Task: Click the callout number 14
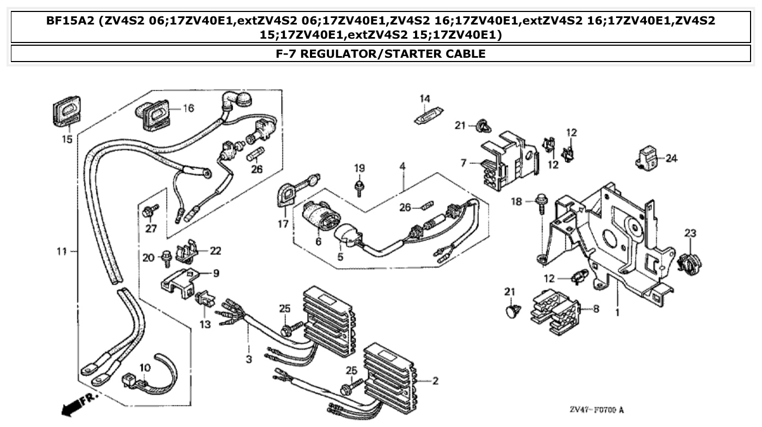[x=424, y=99]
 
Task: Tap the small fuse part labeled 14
[x=428, y=118]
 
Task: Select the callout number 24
[x=671, y=158]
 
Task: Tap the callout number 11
[x=62, y=251]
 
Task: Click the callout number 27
[x=151, y=228]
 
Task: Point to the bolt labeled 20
[x=166, y=256]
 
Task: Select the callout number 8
[x=596, y=309]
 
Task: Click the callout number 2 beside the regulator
[x=435, y=381]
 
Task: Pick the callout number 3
[x=249, y=360]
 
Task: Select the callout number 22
[x=216, y=250]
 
